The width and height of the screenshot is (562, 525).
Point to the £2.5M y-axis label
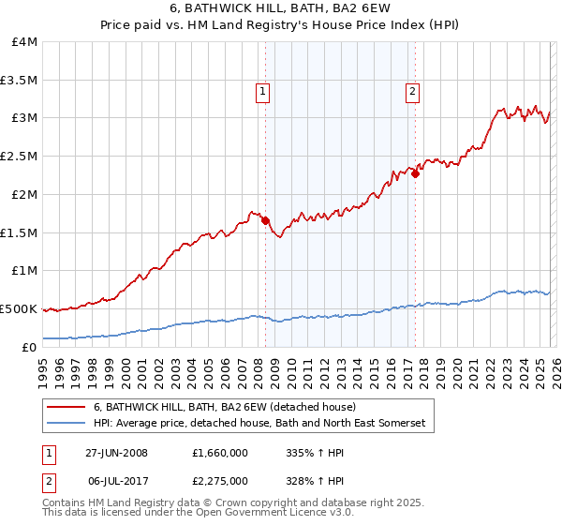pos(20,157)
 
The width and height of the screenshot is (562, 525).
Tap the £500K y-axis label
pos(20,308)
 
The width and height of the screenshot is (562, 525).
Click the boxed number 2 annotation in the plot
pos(412,91)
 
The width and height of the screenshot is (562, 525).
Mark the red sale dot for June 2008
pos(265,220)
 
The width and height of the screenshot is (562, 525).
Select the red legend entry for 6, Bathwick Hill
pos(225,407)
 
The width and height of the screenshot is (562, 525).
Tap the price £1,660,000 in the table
pos(219,453)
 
